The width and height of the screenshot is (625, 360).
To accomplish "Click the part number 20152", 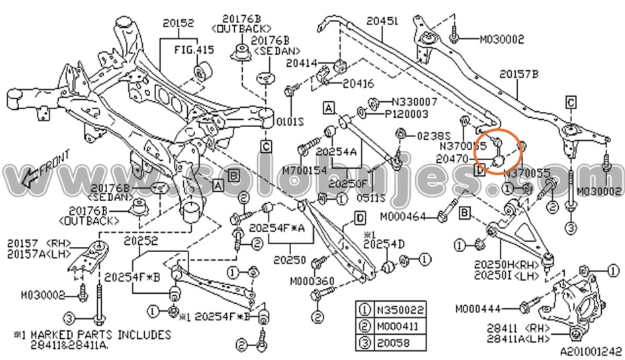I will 178,24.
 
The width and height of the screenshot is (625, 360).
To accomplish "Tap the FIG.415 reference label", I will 194,49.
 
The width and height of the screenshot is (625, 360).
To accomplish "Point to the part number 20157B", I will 519,74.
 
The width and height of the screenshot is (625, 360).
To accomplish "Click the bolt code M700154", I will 305,170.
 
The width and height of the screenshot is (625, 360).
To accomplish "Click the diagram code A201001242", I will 591,353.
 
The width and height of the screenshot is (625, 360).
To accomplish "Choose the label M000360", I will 312,281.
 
